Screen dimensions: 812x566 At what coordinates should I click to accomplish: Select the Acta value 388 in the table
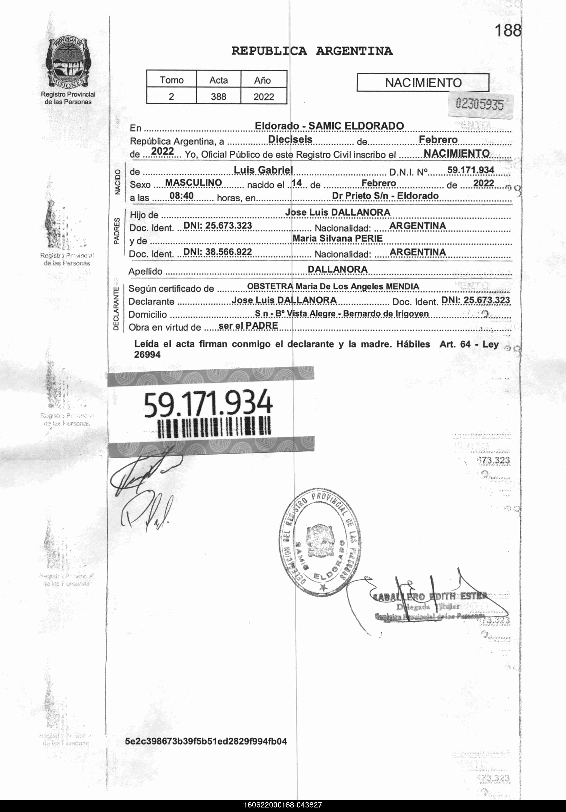[218, 97]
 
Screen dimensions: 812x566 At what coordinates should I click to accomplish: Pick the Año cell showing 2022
[263, 97]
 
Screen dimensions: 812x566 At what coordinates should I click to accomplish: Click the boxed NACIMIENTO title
[423, 83]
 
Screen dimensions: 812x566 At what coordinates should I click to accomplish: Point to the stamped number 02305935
[479, 104]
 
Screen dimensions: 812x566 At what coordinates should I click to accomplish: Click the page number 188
[507, 31]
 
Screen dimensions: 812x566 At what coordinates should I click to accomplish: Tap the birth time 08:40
[181, 195]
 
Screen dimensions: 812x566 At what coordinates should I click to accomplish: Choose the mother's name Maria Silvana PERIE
[337, 238]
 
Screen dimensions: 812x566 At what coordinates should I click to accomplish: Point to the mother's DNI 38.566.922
[217, 252]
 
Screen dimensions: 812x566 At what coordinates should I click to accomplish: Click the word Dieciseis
[290, 139]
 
